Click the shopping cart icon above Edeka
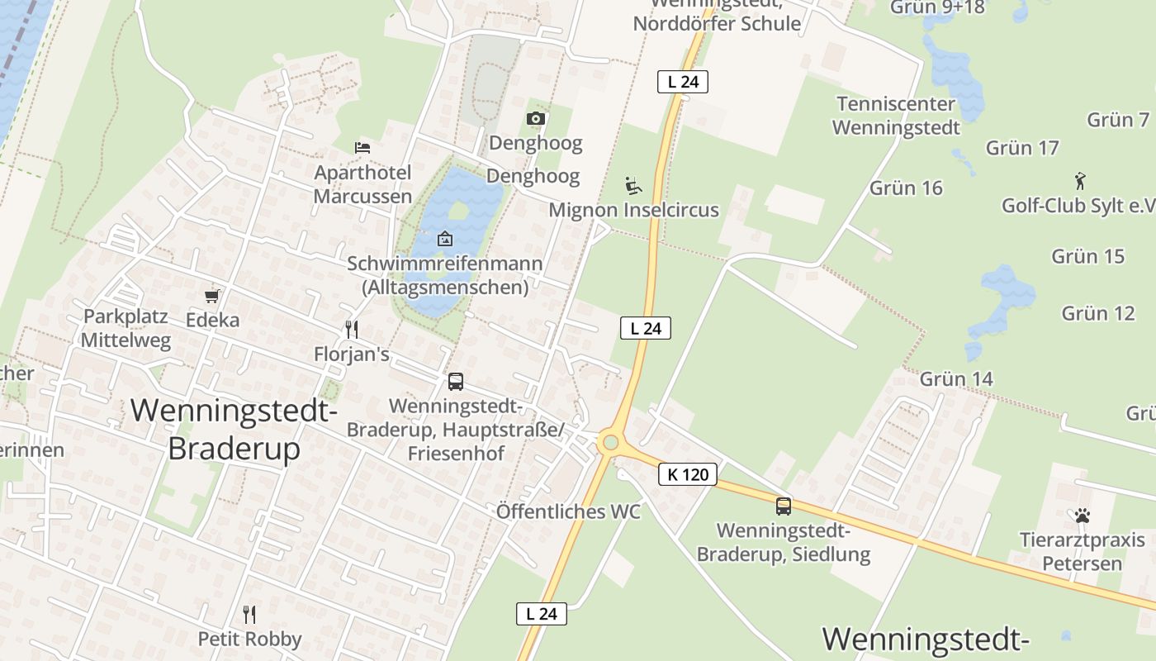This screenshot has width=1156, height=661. [x=212, y=295]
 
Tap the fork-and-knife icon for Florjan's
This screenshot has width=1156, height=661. [x=352, y=330]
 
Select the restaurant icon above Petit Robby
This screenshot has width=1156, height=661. [x=249, y=614]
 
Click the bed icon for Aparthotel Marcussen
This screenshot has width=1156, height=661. [x=362, y=148]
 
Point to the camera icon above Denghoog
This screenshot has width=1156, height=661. [x=535, y=119]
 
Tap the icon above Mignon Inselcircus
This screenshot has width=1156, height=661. [x=633, y=186]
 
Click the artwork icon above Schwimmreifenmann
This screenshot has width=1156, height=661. [x=444, y=239]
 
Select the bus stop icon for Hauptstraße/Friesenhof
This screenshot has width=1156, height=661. [x=455, y=382]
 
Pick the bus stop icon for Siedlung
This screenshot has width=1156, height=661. [x=783, y=506]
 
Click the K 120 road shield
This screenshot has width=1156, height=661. [x=687, y=474]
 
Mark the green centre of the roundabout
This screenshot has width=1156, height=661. [x=610, y=442]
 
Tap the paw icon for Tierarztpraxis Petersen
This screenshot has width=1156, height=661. [x=1082, y=516]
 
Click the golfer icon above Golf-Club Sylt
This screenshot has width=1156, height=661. [x=1079, y=180]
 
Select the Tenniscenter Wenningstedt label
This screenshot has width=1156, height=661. [x=896, y=116]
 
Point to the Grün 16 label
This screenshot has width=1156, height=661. [x=906, y=188]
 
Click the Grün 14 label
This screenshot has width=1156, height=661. [x=956, y=378]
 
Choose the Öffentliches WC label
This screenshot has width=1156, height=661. [x=568, y=511]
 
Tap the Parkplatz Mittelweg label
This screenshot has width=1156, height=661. [x=126, y=328]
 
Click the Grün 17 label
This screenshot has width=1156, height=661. [x=1022, y=148]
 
